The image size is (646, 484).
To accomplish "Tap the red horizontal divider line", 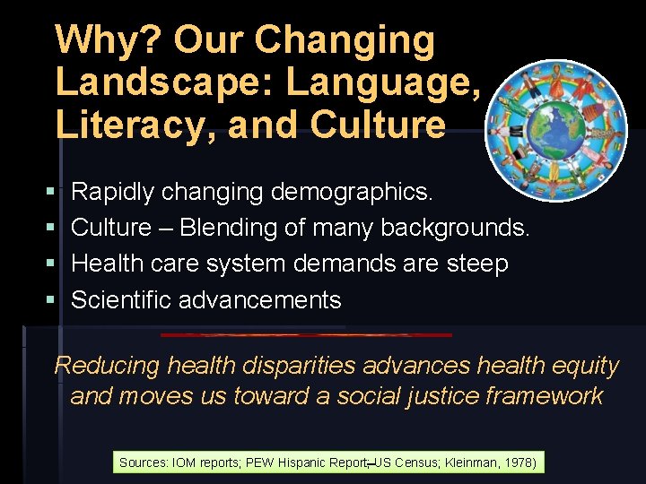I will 305,335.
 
